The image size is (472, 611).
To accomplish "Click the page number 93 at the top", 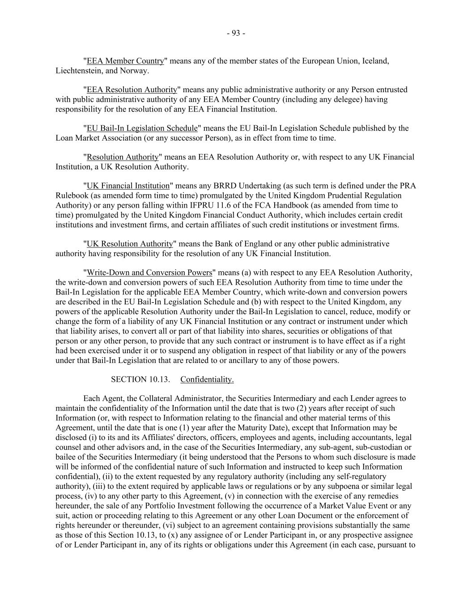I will click(236, 33).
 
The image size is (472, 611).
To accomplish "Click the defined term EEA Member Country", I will click(125, 61).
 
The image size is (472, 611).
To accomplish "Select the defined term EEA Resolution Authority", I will click(132, 90).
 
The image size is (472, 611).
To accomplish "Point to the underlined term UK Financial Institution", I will click(128, 186).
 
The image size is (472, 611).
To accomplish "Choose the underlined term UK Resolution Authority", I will click(129, 244).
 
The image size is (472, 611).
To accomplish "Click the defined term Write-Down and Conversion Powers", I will click(149, 273).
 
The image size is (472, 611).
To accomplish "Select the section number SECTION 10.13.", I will click(140, 380).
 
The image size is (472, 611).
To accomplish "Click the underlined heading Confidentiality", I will click(207, 380).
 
